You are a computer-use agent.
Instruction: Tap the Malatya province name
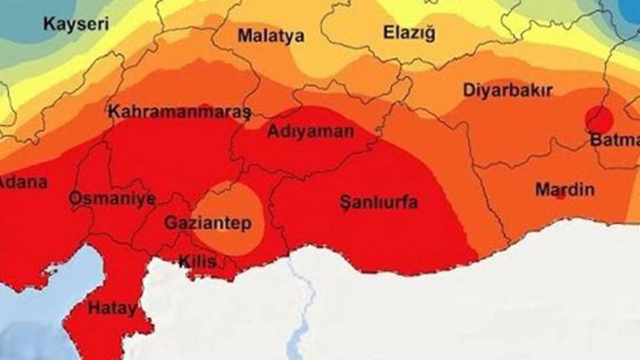(271, 36)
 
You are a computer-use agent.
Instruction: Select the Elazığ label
(409, 33)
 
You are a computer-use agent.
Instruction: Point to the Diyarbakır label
(507, 90)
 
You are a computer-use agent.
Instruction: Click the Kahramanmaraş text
(179, 112)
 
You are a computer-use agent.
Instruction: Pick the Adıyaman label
(310, 131)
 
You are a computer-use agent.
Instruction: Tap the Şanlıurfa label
(379, 203)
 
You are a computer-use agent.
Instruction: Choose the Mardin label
(564, 189)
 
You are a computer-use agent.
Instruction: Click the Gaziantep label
(207, 223)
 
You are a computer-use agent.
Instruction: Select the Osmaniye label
(112, 199)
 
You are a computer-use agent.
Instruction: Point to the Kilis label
(197, 261)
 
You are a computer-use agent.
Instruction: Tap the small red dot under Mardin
(560, 196)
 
